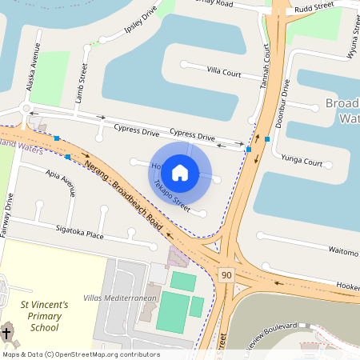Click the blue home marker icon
click(180, 172)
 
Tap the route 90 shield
click(226, 275)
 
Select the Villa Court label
click(224, 73)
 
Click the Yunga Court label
click(302, 162)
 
